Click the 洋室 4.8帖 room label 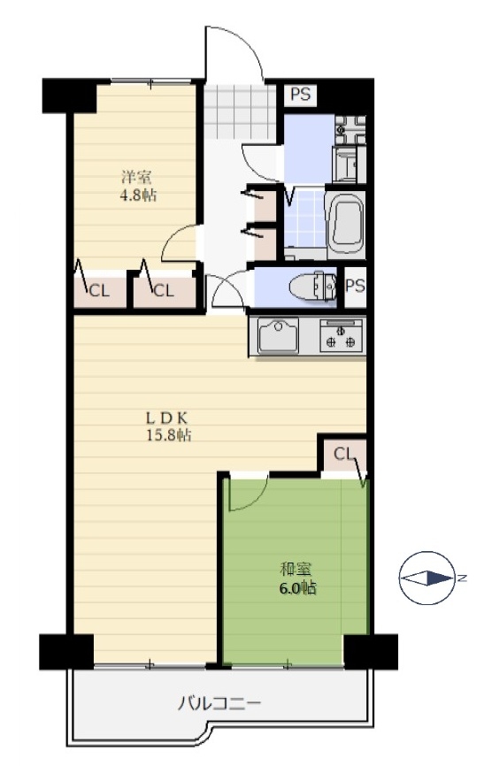[x=138, y=186]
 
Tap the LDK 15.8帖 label [x=169, y=426]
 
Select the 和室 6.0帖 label [x=297, y=578]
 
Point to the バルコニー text [x=219, y=703]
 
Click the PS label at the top [x=300, y=94]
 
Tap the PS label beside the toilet [x=355, y=286]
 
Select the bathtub [x=346, y=222]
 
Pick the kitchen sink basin [x=278, y=335]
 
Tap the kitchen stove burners [x=341, y=335]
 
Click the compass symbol [x=426, y=578]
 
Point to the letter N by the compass [x=462, y=578]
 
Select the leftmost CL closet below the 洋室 [x=100, y=292]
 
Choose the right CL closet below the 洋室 [x=164, y=292]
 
